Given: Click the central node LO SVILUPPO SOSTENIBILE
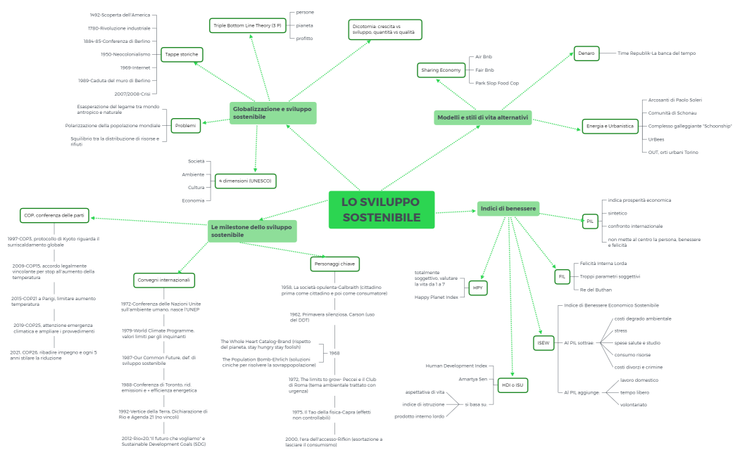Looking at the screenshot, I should point(381,210).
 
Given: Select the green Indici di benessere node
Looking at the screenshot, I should point(508,209).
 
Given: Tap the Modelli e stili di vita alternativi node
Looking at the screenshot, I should point(482,118).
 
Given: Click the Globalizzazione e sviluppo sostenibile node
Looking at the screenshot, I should point(272,112).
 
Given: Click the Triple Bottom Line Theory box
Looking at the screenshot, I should point(248,26).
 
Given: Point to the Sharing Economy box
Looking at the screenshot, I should point(441,70).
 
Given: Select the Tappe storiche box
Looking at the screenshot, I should point(182,54).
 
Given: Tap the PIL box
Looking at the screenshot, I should point(590,221).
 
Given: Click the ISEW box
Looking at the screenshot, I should point(542,342).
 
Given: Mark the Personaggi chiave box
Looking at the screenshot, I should point(334,264).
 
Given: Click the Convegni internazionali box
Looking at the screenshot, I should point(164,280).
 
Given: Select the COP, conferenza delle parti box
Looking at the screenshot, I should point(54,215).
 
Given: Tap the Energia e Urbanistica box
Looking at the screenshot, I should point(610,127).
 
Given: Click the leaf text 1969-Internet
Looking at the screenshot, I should point(135,67).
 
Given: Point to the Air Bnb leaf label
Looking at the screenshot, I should point(484,56).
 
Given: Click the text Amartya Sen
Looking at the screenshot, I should point(472,379).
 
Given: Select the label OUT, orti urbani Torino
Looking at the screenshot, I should point(673,152).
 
